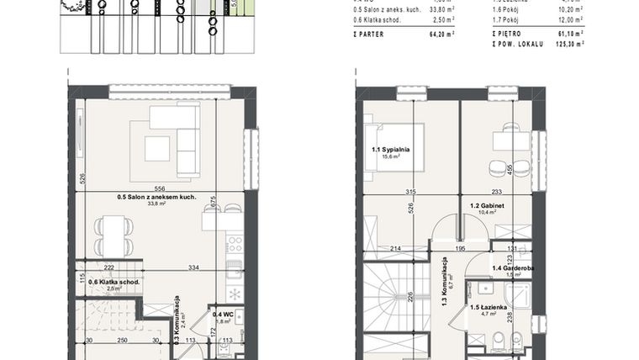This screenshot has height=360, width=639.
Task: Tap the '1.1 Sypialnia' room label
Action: pyautogui.click(x=390, y=150)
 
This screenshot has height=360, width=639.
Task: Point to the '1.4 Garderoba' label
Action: pyautogui.click(x=513, y=267)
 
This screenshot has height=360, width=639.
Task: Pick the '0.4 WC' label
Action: pyautogui.click(x=222, y=314)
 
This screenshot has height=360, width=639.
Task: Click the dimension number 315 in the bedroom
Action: pyautogui.click(x=410, y=192)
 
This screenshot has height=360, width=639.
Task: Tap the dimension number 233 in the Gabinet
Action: pyautogui.click(x=496, y=192)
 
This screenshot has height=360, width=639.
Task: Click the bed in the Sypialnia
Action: pyautogui.click(x=393, y=147)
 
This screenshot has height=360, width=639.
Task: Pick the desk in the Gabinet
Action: pyautogui.click(x=510, y=140)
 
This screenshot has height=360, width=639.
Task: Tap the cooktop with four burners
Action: pyautogui.click(x=235, y=244)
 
